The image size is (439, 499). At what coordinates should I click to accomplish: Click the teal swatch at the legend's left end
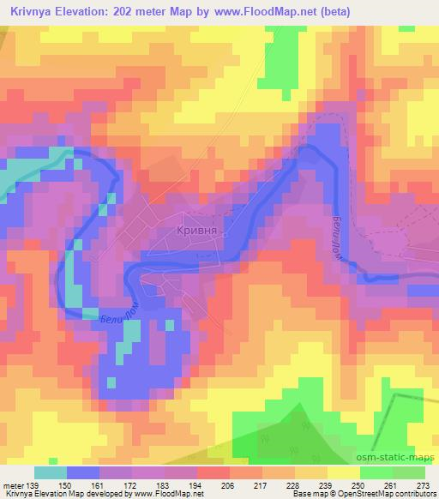pos(51,472)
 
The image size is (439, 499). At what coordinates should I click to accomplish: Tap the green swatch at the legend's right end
pos(408,472)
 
